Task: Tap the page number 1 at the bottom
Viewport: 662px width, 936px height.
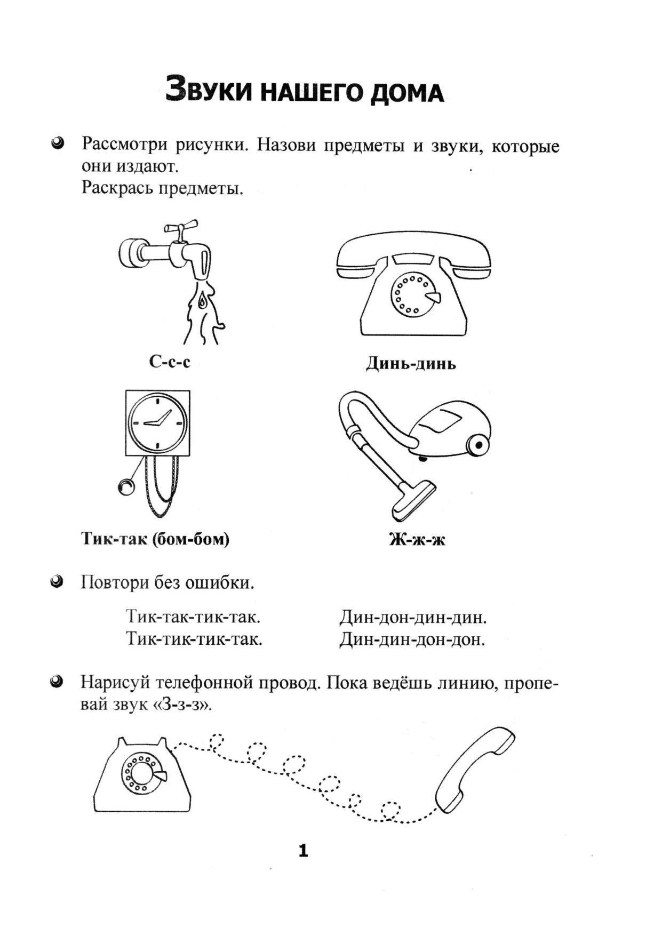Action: pos(303,851)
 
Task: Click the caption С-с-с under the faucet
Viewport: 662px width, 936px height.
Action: pos(170,362)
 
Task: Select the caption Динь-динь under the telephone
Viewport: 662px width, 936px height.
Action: pos(411,364)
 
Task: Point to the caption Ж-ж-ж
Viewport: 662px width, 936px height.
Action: pos(417,540)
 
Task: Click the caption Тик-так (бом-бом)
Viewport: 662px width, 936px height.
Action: pos(155,539)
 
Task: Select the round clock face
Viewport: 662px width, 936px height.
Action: pos(158,422)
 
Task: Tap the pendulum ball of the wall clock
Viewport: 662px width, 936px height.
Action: pos(126,486)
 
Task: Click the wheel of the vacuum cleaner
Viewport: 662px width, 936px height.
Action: pos(478,444)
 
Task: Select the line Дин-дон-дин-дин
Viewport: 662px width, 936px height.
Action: pos(413,618)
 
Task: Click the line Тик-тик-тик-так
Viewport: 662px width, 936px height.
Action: pos(194,638)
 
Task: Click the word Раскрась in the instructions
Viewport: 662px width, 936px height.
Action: pos(117,188)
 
